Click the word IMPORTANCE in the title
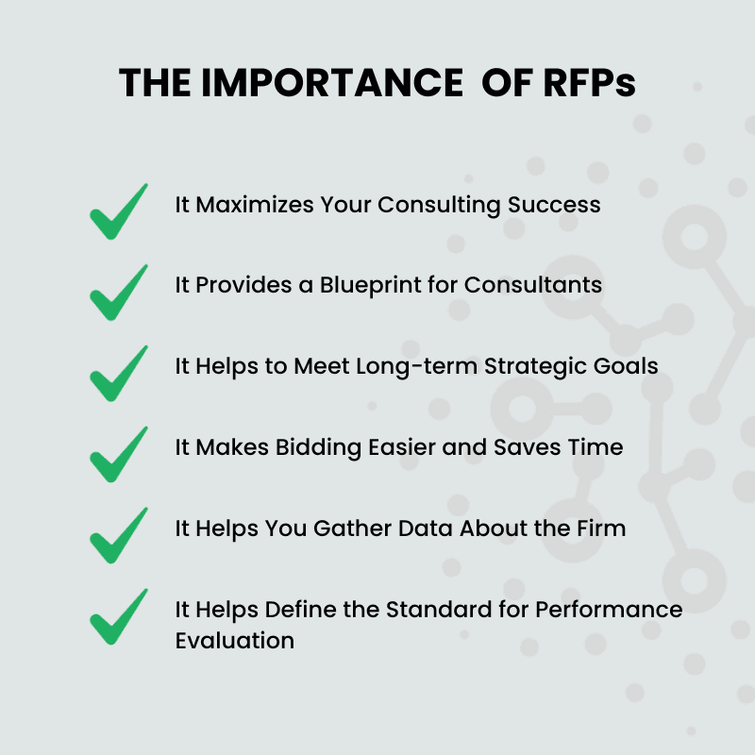(332, 83)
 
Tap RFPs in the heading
(589, 83)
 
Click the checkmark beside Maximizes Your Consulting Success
(119, 211)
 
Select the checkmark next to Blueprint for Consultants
(119, 293)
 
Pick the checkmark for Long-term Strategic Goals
(119, 374)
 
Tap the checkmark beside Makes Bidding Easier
(119, 455)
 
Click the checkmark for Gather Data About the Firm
(119, 535)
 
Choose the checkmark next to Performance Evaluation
(119, 617)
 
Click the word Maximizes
(255, 205)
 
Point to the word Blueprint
(371, 285)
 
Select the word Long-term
(417, 366)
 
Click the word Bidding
(318, 447)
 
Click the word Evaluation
(234, 641)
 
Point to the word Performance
(609, 610)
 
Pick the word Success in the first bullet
(554, 205)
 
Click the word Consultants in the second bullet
(533, 285)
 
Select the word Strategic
(535, 366)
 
